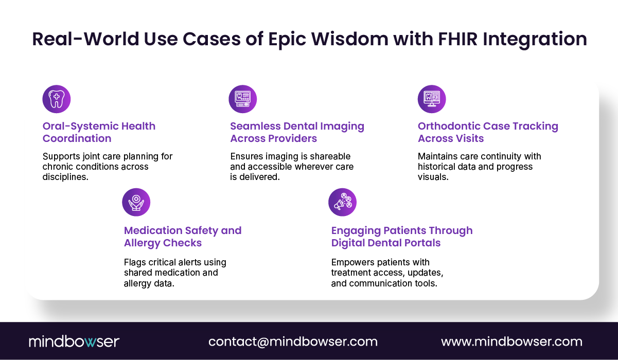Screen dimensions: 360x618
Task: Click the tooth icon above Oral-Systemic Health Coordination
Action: [x=56, y=99]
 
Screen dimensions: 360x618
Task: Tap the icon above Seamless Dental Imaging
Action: [x=242, y=99]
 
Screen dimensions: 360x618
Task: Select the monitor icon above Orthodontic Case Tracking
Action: [x=431, y=99]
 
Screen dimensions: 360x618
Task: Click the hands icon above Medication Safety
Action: [x=136, y=202]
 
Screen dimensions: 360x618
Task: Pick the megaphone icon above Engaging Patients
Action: [x=342, y=202]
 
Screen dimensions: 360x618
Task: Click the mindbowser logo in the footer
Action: [x=74, y=341]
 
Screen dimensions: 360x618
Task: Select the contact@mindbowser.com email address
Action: [x=293, y=341]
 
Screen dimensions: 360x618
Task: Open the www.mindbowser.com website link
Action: [x=511, y=341]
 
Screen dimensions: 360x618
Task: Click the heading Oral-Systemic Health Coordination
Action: [x=99, y=132]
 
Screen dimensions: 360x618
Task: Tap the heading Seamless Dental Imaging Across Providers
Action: [x=297, y=132]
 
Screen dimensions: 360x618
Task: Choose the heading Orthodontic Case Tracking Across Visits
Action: [x=488, y=132]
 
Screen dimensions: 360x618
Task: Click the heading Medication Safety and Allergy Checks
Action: [x=183, y=237]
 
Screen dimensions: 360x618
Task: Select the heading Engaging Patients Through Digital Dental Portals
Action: [x=401, y=237]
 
